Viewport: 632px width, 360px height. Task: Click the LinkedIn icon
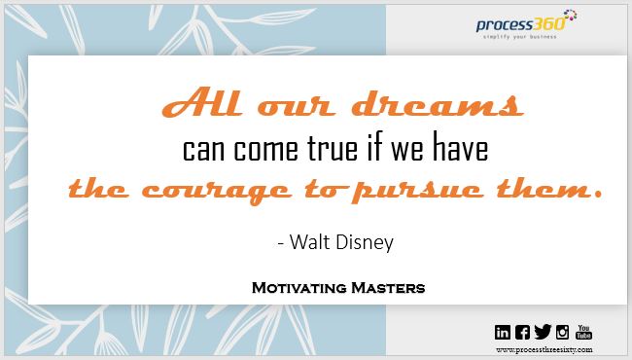coord(502,332)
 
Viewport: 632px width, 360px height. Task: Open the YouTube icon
coord(584,332)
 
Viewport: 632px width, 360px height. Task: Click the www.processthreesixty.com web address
coord(543,349)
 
